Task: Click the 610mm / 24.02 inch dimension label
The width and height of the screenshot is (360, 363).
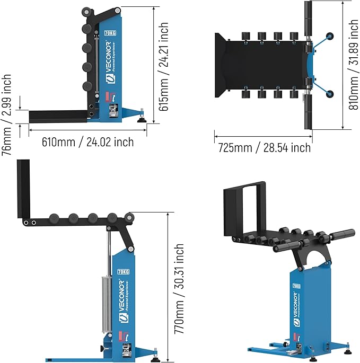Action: pos(88,142)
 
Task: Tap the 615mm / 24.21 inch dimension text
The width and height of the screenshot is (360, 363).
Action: pos(164,66)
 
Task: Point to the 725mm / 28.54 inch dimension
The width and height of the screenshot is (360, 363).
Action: pos(264,147)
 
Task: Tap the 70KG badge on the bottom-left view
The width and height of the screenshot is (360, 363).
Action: pos(123,271)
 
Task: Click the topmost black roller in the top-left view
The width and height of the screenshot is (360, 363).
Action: pos(86,13)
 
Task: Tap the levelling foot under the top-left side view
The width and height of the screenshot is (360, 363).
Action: pos(143,118)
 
